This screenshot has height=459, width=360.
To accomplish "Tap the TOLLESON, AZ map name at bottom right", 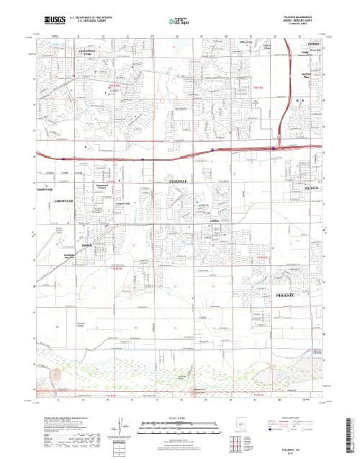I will click(x=297, y=448).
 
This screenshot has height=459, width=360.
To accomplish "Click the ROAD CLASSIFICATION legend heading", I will click(x=295, y=417).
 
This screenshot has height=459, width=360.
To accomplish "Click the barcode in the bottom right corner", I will click(x=351, y=432).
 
